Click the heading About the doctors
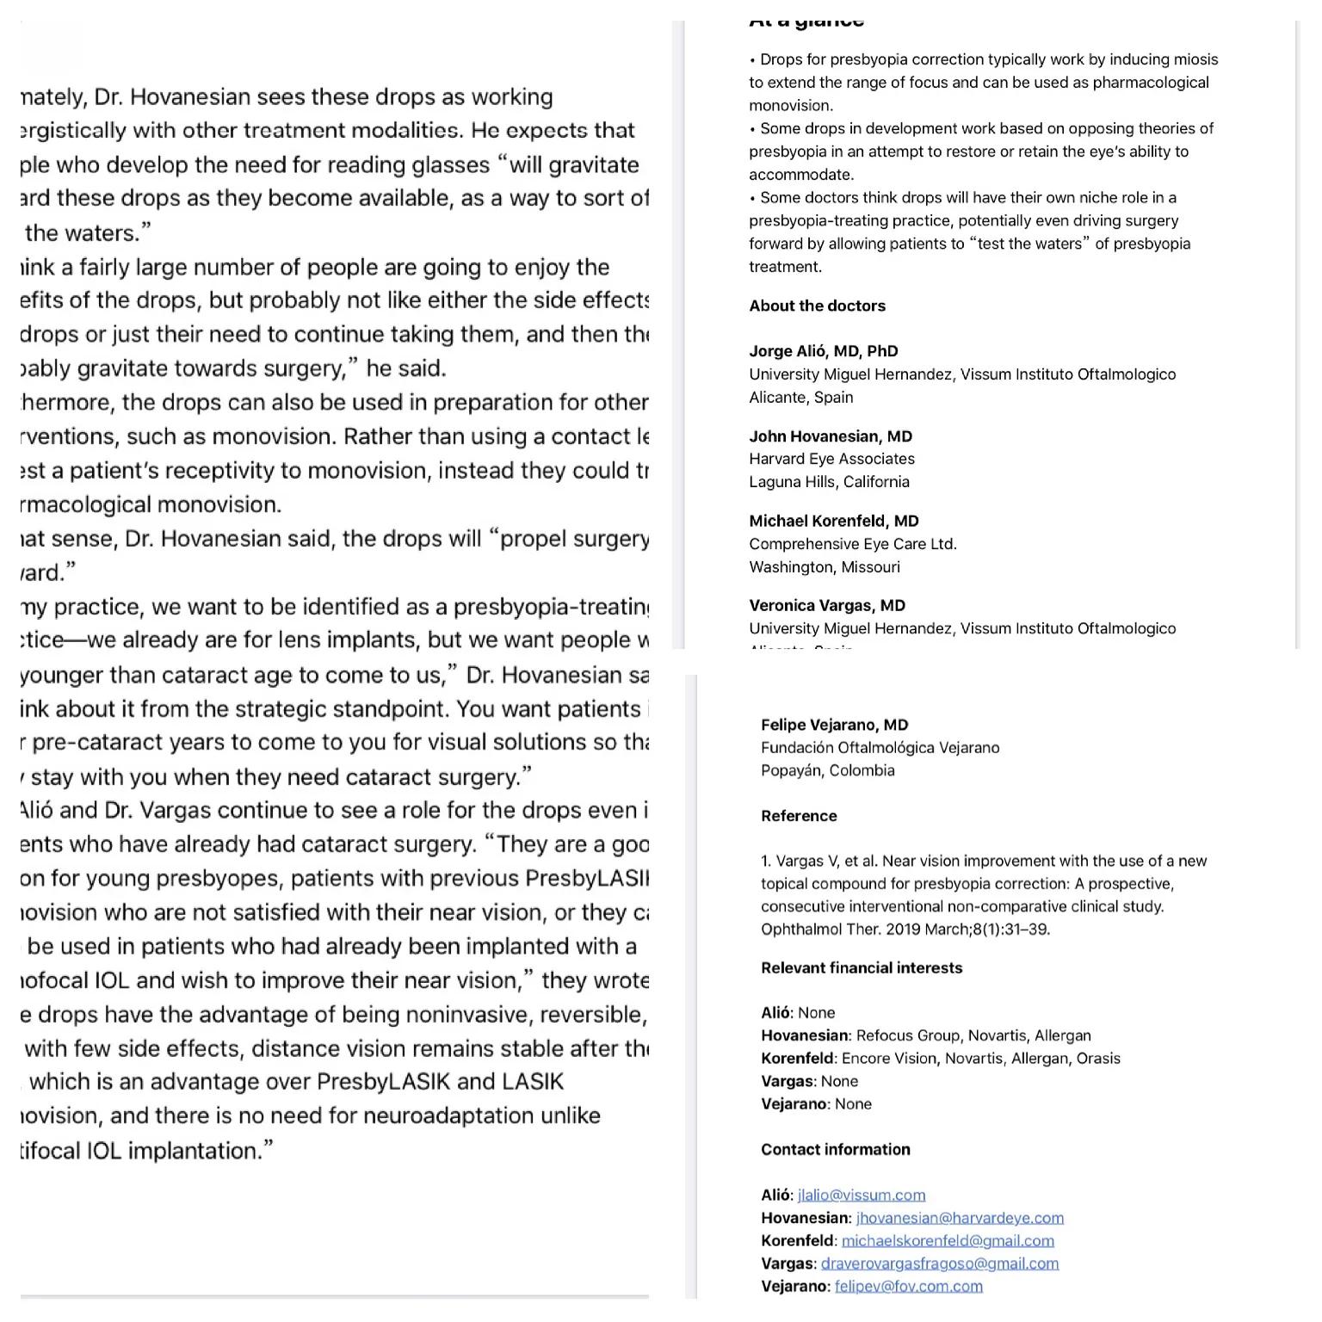[x=817, y=306]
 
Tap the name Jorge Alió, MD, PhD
[x=823, y=351]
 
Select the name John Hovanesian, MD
[x=830, y=436]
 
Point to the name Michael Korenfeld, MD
[x=833, y=521]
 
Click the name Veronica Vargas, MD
[x=826, y=605]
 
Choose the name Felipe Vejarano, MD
[x=834, y=725]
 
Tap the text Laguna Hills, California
[x=829, y=482]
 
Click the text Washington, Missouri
[x=824, y=567]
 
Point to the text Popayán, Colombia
[x=827, y=770]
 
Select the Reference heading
[x=798, y=816]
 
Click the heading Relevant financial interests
[x=861, y=967]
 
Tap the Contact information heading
[x=835, y=1149]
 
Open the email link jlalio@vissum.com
[x=861, y=1195]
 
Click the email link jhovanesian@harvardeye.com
[x=960, y=1218]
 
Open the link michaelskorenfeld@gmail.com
[x=948, y=1240]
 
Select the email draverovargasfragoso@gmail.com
[x=939, y=1263]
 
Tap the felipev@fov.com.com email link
[x=908, y=1286]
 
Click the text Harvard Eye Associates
[x=831, y=459]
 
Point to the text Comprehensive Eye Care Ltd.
[x=852, y=544]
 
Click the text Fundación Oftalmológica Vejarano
[x=880, y=747]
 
